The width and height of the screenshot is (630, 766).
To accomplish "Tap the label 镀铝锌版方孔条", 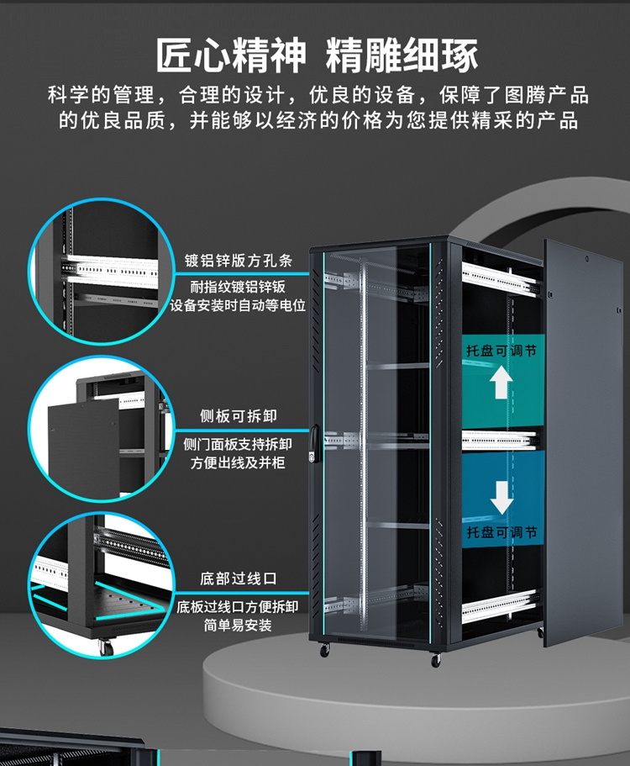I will (x=239, y=260).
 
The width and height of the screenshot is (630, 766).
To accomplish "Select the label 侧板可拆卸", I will (x=239, y=416).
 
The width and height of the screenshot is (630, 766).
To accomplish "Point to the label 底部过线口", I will (x=239, y=579).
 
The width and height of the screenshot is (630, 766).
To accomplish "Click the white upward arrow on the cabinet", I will (x=501, y=383).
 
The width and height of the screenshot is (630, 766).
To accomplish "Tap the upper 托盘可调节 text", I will (x=501, y=351).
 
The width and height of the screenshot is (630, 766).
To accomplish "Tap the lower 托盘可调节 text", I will (x=501, y=532).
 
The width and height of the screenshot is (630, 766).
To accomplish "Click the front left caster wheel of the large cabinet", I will (x=325, y=650).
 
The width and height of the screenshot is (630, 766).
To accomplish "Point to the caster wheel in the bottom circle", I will (x=106, y=647).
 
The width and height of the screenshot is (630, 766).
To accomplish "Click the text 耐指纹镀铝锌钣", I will (x=239, y=286).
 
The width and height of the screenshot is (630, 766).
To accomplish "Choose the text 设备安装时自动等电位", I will (x=239, y=306).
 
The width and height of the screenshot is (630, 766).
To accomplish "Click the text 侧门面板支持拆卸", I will (x=239, y=443).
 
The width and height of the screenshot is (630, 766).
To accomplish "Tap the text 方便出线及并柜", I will (x=239, y=462).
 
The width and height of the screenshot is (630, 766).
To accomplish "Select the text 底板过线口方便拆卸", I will (x=239, y=606).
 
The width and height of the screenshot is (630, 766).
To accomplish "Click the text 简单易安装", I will (x=239, y=626).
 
